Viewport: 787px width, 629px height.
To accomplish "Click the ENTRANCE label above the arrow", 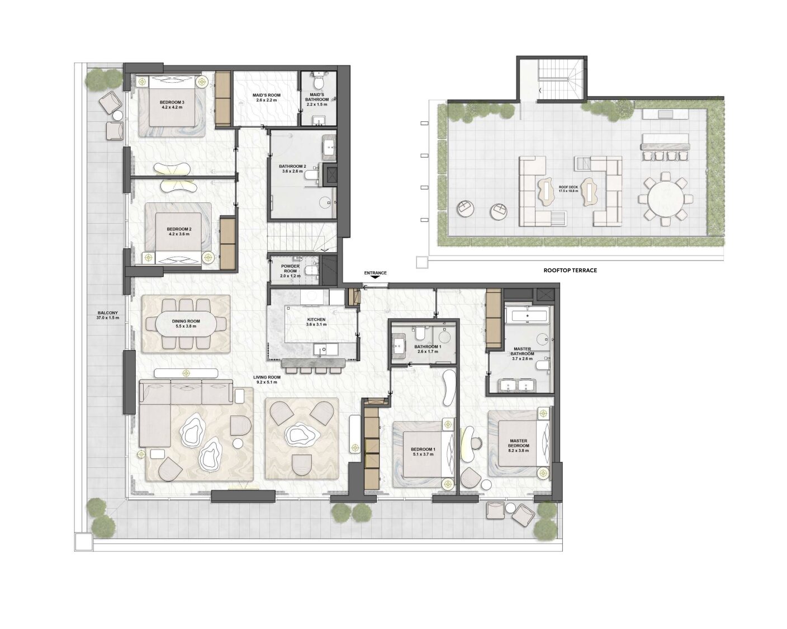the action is coord(375,273).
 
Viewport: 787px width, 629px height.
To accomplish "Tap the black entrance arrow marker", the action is coord(376,277).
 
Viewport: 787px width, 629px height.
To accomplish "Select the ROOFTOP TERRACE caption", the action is coord(570,271).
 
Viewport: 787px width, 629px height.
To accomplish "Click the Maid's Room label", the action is coord(266,97).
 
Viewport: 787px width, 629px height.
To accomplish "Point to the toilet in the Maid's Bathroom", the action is coord(318,81).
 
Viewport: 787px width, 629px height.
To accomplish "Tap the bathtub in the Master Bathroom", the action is coord(527,314).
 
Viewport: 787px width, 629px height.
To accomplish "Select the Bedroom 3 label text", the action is coord(172,105).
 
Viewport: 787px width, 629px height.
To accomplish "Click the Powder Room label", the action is coord(290,271).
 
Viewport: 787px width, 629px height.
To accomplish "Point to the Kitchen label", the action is coord(316,321).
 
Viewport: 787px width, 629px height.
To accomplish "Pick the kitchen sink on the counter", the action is coord(322,350).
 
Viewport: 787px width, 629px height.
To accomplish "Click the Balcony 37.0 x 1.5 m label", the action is coord(107,315).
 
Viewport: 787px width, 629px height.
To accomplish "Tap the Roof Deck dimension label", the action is coord(568,189).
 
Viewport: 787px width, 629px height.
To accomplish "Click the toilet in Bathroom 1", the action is coord(419,332).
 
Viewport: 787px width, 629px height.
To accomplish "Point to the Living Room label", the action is coord(267,380).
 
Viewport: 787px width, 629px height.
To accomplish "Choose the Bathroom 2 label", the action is coord(292,168).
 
